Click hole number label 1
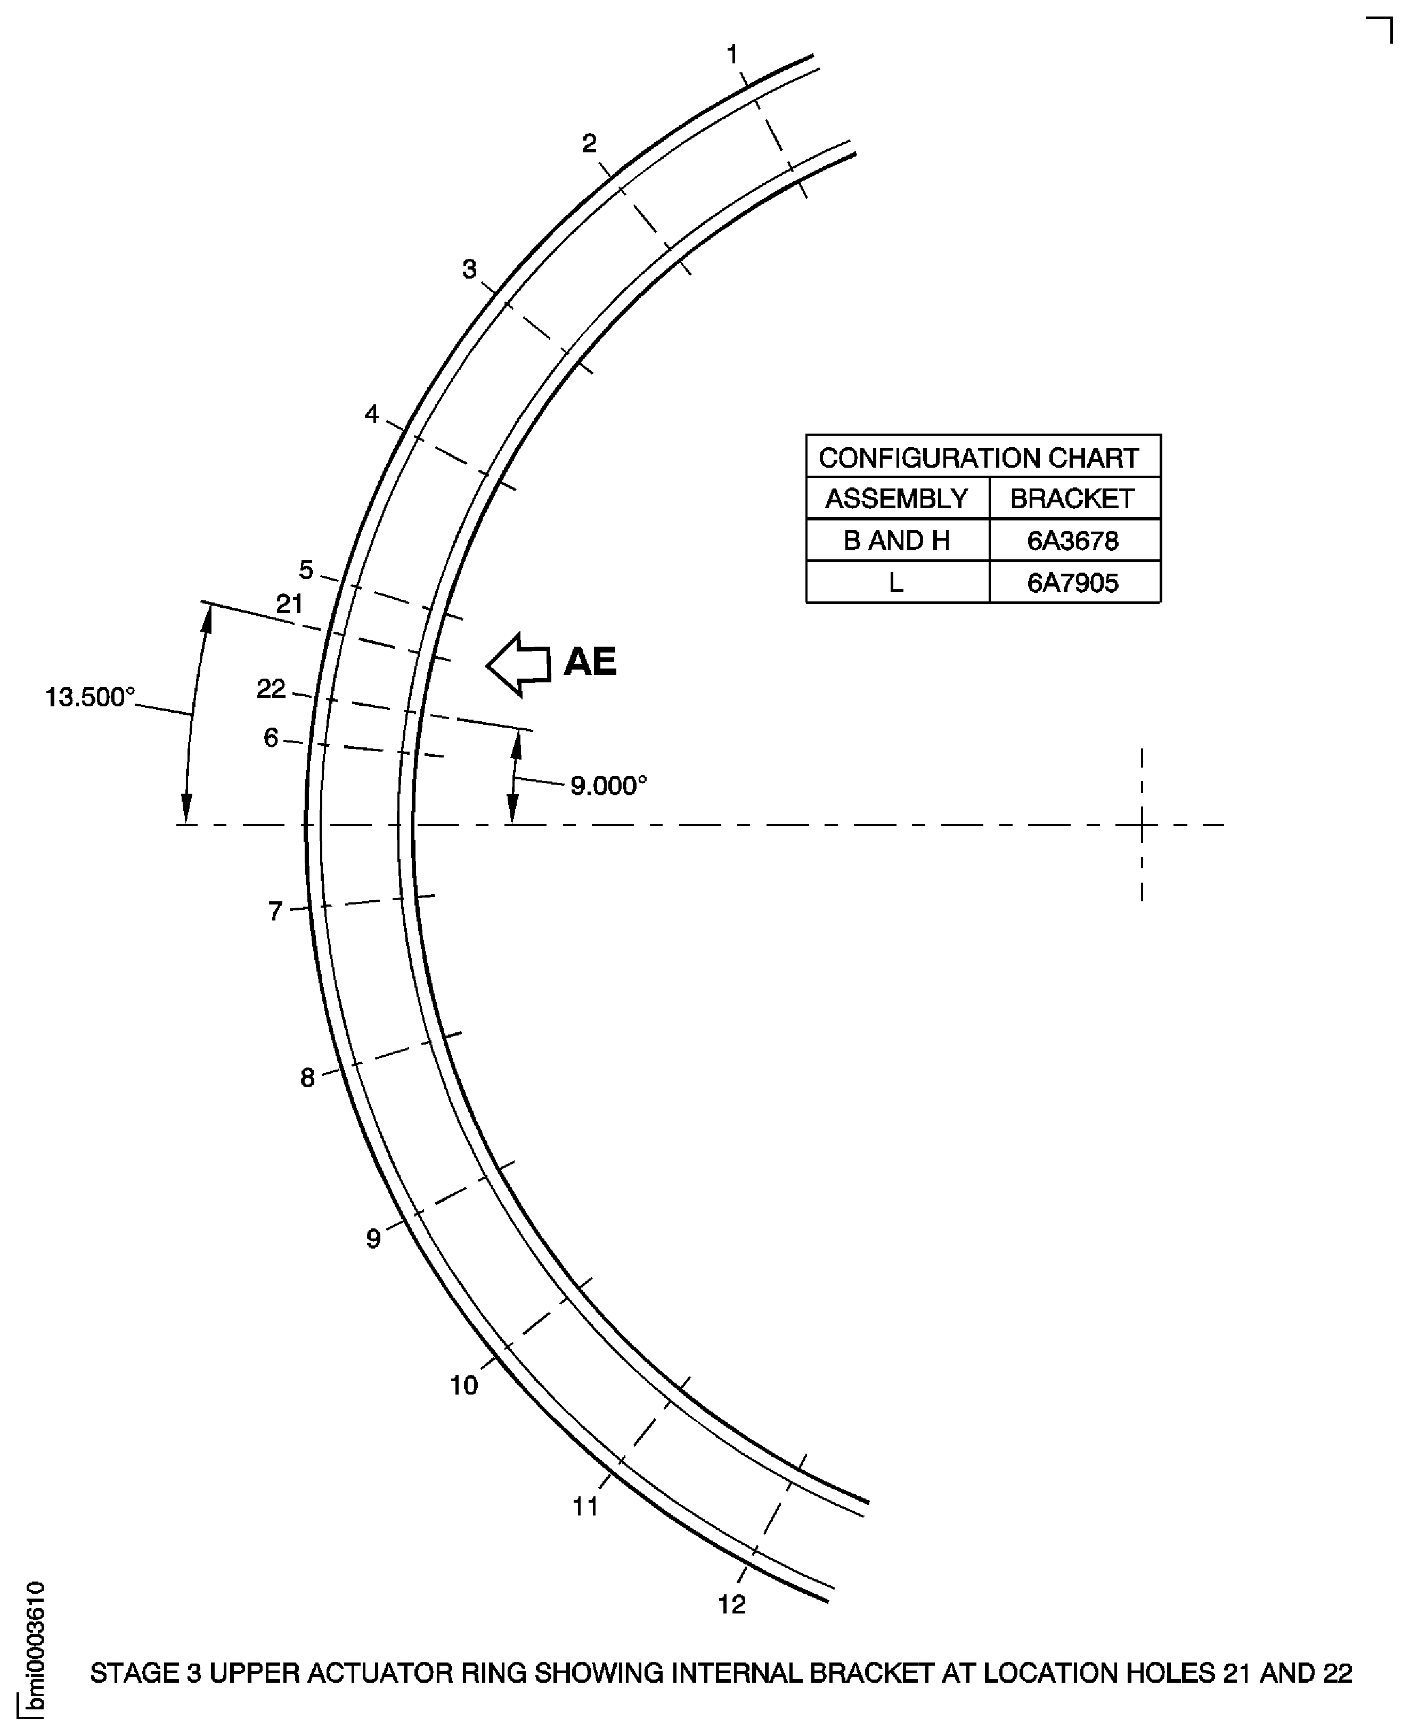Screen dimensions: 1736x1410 click(732, 55)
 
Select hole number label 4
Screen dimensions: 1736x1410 click(371, 414)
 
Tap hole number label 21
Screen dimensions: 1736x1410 click(290, 604)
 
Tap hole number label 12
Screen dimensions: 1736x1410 click(731, 1604)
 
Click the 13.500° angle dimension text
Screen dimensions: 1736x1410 click(89, 697)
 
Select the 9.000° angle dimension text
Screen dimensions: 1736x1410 click(608, 786)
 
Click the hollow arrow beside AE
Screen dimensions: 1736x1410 click(518, 664)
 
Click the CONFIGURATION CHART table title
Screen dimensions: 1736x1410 click(978, 458)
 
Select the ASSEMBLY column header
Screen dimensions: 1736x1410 click(896, 498)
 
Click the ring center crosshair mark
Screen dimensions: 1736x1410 click(1142, 825)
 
